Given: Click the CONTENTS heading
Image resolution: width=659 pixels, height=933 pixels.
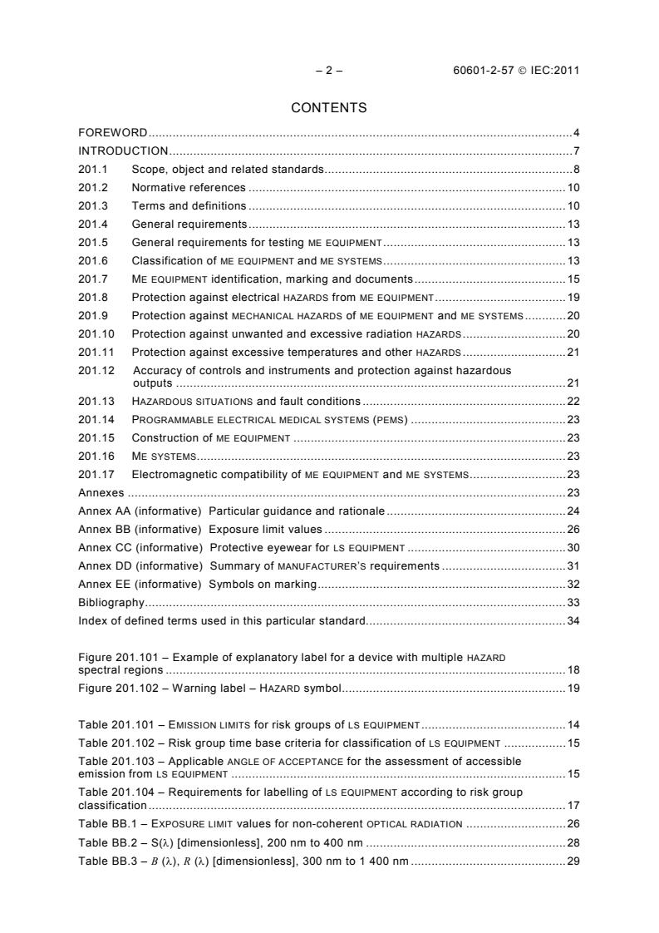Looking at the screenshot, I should pyautogui.click(x=329, y=107).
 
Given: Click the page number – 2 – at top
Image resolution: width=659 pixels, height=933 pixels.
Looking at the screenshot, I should pyautogui.click(x=329, y=71).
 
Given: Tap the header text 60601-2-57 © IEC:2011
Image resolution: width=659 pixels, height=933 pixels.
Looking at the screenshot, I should pyautogui.click(x=511, y=71).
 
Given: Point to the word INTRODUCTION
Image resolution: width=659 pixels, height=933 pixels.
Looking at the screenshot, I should pyautogui.click(x=123, y=151).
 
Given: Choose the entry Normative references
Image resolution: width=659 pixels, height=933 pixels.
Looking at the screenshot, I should pyautogui.click(x=189, y=188).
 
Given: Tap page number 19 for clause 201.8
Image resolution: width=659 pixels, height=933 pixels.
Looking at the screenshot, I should pyautogui.click(x=573, y=297).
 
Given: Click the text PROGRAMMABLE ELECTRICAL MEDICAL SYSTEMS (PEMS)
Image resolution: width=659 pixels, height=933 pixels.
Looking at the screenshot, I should pyautogui.click(x=270, y=419).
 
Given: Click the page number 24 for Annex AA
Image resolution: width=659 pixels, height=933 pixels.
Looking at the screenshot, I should pyautogui.click(x=573, y=511).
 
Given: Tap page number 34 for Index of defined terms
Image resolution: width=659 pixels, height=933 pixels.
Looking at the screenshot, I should pyautogui.click(x=573, y=620).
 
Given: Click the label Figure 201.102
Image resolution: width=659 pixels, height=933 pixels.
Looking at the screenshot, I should pyautogui.click(x=121, y=688).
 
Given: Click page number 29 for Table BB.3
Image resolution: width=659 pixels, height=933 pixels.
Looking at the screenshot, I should pyautogui.click(x=573, y=861).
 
